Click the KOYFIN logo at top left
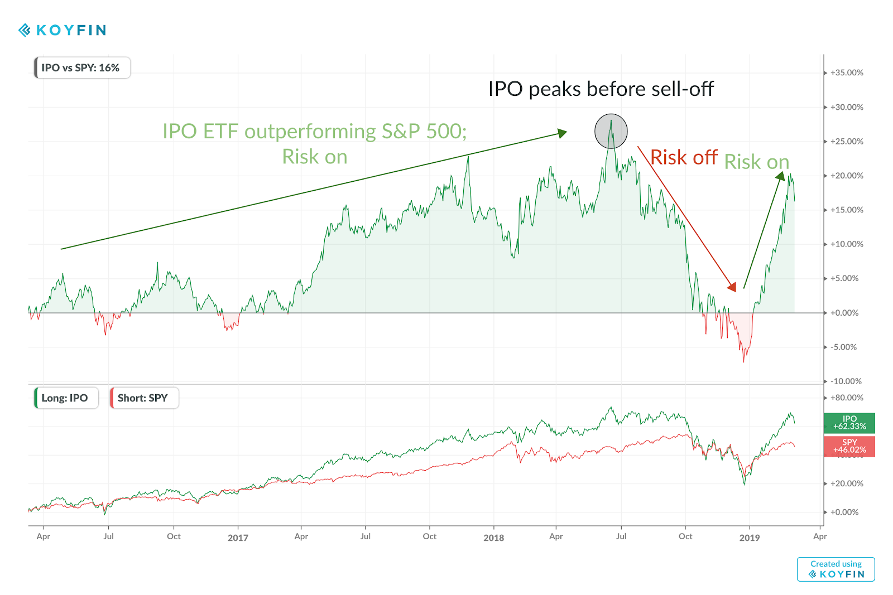click(x=63, y=30)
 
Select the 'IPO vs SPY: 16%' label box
click(x=82, y=68)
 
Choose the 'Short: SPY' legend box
click(x=144, y=398)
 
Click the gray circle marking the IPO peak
click(x=611, y=132)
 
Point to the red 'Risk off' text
click(x=684, y=158)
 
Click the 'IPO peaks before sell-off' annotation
click(x=601, y=89)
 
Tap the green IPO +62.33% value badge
click(x=849, y=423)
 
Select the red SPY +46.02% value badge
click(x=849, y=446)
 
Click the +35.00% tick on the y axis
click(x=846, y=73)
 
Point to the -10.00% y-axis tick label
click(x=846, y=381)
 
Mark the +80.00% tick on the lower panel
click(x=846, y=398)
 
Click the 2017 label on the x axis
click(x=238, y=538)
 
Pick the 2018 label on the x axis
click(x=493, y=538)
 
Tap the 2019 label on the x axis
click(x=749, y=538)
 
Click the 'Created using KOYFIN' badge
click(x=836, y=569)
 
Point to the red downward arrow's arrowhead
click(x=732, y=287)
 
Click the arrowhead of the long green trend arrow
click(x=563, y=133)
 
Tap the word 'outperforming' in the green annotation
click(x=310, y=132)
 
